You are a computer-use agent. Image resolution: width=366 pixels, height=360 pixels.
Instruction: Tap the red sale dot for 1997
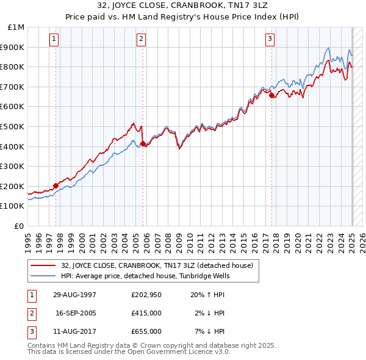pyautogui.click(x=56, y=185)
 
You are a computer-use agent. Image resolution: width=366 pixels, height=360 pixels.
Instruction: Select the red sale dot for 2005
pyautogui.click(x=143, y=143)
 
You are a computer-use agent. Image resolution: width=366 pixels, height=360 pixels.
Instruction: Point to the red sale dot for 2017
pyautogui.click(x=271, y=95)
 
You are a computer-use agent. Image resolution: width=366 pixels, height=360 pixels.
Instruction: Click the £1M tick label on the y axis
pyautogui.click(x=16, y=27)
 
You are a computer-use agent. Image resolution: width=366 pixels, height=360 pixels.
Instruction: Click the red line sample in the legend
pyautogui.click(x=44, y=265)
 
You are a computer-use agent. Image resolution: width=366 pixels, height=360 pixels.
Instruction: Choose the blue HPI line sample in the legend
pyautogui.click(x=44, y=275)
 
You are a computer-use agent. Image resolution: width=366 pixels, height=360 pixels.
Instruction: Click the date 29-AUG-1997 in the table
pyautogui.click(x=75, y=295)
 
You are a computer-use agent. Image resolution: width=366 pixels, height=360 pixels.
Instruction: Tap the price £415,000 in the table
pyautogui.click(x=146, y=313)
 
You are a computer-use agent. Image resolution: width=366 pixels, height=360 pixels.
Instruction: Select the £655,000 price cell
pyautogui.click(x=146, y=331)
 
